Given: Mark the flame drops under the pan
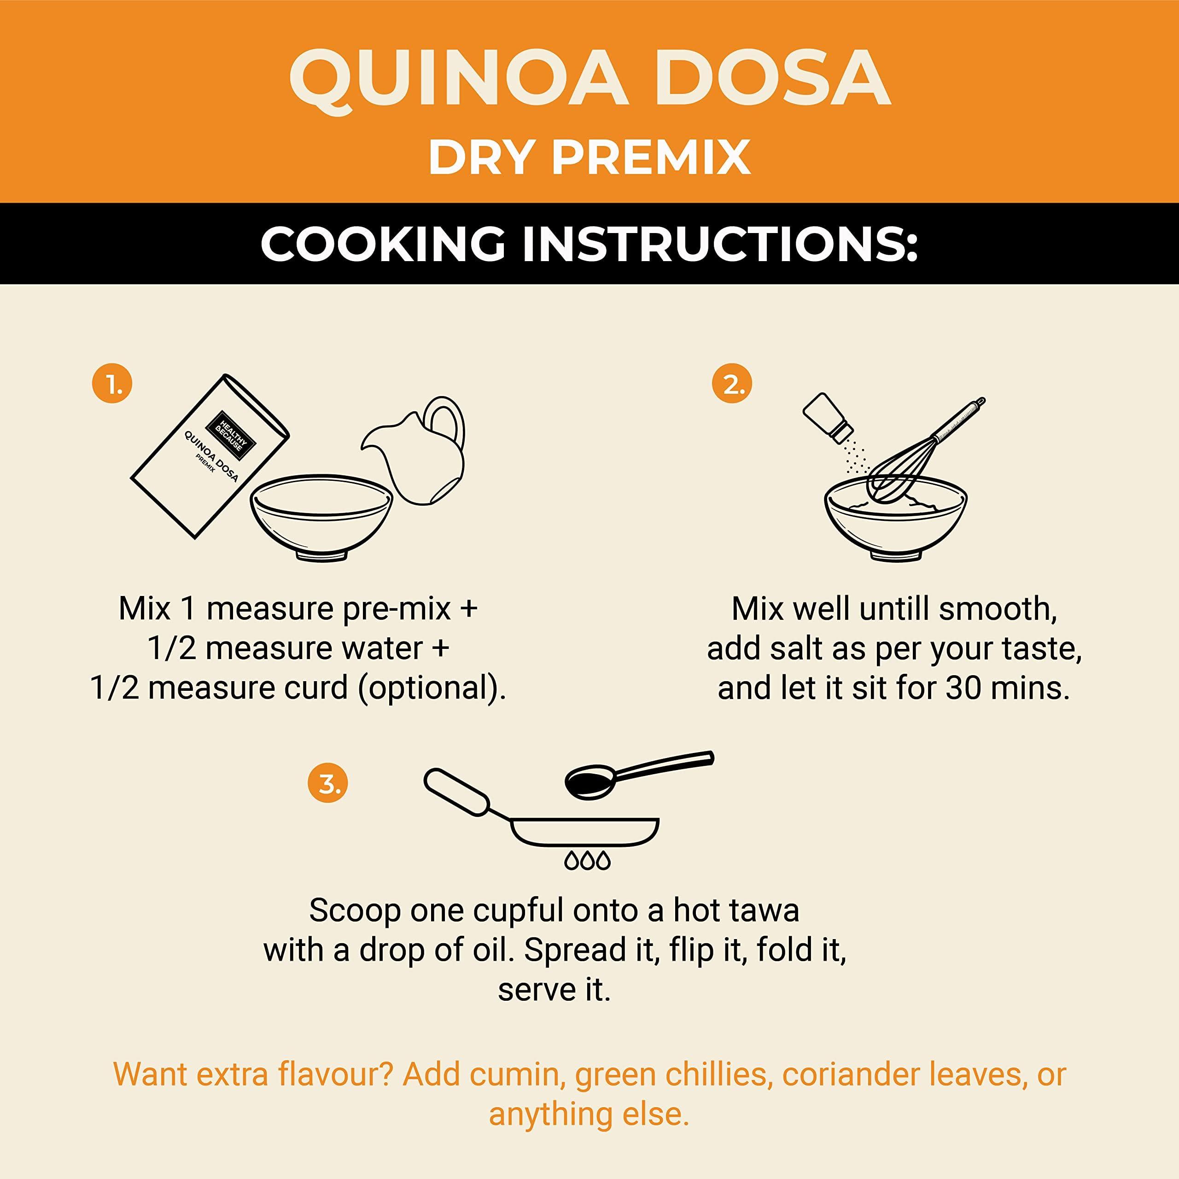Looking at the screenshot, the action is click(587, 860).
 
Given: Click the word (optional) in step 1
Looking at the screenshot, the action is click(432, 689).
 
